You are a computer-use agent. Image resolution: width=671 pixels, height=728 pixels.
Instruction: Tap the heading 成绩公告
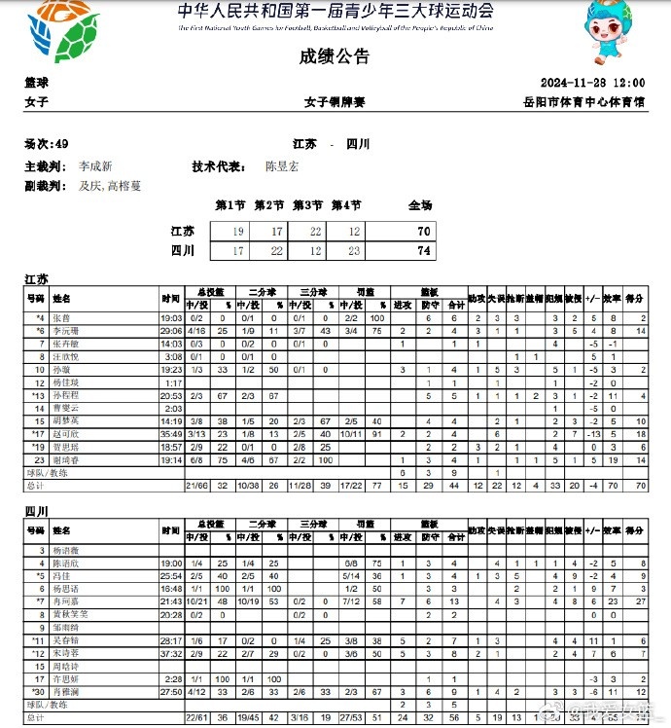click(x=335, y=57)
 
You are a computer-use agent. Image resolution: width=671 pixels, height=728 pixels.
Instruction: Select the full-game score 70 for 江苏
click(x=423, y=232)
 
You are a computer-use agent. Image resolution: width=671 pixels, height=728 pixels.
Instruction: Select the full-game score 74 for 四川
click(x=423, y=250)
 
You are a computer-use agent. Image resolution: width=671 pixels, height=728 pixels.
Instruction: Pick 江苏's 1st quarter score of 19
click(x=237, y=232)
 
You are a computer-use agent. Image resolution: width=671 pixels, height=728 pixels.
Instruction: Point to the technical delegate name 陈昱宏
click(x=282, y=166)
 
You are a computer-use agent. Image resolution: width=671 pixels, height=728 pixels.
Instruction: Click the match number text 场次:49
click(x=46, y=144)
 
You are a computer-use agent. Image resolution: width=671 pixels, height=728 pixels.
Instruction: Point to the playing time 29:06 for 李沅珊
click(x=171, y=332)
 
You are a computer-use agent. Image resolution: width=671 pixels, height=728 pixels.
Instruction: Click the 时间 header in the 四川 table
click(x=171, y=531)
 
